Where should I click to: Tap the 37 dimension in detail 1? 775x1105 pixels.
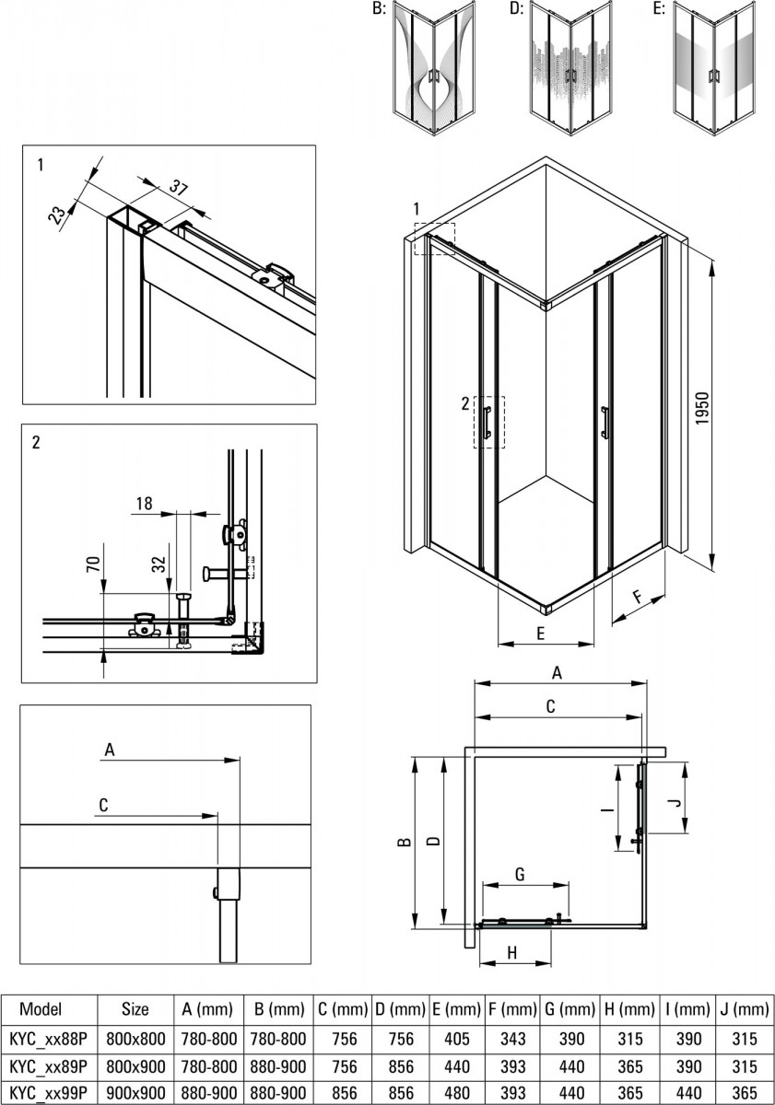coord(179,190)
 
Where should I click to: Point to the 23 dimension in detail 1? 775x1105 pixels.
coord(58,215)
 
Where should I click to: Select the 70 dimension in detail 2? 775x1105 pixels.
coord(93,564)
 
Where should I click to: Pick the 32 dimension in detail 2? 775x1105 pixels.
coord(160,564)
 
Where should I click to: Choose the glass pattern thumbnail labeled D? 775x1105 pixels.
coord(571,69)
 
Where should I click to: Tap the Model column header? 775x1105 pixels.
coord(41,1009)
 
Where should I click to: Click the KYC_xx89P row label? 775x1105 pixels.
coord(47,1065)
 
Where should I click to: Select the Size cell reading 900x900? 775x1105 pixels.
coord(135,1092)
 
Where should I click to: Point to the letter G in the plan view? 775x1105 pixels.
coord(520,874)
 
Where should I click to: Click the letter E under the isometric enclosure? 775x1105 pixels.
coord(540,634)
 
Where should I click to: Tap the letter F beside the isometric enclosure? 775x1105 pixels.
coord(638,598)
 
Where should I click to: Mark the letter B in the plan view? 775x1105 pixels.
coord(402,843)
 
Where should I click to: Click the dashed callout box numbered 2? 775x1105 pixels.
coord(488,423)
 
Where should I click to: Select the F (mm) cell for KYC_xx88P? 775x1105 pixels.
coord(512,1039)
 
